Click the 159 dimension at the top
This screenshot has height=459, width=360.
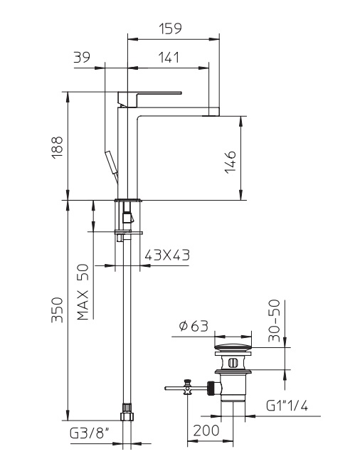point(170,28)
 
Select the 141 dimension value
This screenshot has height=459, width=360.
point(169,58)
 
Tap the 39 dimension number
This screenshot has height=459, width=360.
point(82,57)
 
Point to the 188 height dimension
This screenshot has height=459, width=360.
point(58,147)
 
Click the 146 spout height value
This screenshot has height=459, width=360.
point(231,162)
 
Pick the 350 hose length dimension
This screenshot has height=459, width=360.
point(57,310)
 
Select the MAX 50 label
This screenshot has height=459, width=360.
point(83,292)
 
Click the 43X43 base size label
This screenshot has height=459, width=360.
point(167,255)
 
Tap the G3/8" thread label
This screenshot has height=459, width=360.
point(90,433)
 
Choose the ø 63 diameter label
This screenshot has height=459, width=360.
point(194,326)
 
